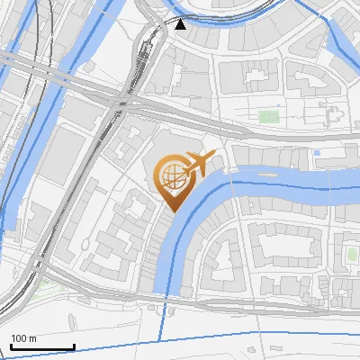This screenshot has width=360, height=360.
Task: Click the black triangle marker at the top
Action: coord(181,24)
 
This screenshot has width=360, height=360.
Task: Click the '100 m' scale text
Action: coord(23,338)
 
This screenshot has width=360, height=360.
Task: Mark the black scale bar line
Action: coord(42,346)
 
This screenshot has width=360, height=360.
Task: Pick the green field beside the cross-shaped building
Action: coord(269,117)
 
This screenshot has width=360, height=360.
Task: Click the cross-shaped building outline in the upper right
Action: coord(331,114)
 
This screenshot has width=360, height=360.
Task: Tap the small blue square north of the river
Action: coord(317,154)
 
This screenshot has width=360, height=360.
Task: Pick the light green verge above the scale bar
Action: coord(40,288)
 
